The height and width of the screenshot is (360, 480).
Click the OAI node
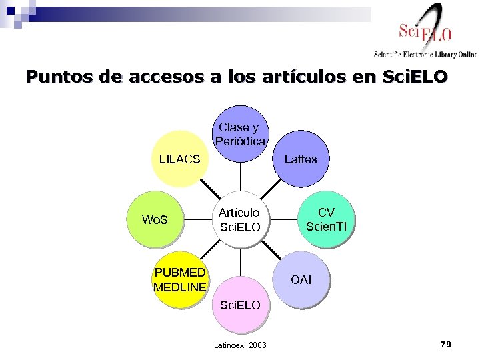301,279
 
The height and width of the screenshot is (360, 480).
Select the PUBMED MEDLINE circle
179,279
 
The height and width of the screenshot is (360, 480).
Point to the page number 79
446,344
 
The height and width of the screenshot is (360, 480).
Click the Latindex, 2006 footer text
240,345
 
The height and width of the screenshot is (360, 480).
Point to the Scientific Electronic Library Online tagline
425,54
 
